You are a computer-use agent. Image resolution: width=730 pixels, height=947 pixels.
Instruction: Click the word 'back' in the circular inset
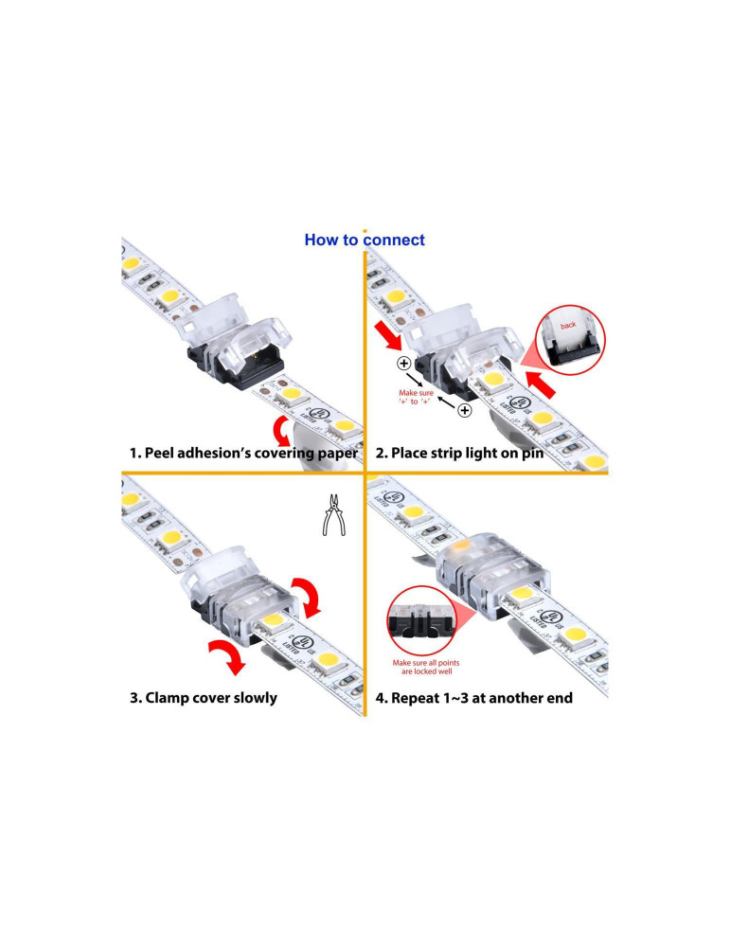[x=568, y=325]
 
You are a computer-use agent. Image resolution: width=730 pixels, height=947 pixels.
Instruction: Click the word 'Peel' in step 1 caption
[x=163, y=454]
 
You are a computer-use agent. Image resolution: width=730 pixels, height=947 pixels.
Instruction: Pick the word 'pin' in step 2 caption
[x=593, y=454]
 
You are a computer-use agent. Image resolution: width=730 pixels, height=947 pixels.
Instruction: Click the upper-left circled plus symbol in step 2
[x=402, y=364]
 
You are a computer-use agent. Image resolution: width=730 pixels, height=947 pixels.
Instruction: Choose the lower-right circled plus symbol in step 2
[x=465, y=410]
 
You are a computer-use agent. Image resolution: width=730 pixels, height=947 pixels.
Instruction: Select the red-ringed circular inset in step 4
[x=421, y=623]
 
